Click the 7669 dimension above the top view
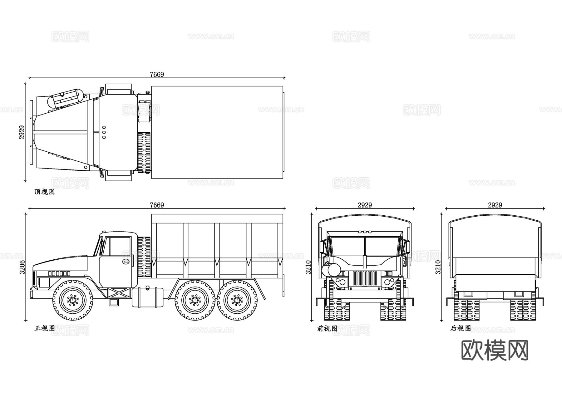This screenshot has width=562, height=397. point(157,74)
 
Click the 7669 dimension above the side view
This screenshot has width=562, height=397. point(157,205)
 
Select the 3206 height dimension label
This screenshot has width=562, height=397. point(22,267)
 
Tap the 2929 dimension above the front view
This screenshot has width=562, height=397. point(365,205)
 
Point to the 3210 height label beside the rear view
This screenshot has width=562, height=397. point(438,267)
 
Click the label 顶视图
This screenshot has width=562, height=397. point(45,192)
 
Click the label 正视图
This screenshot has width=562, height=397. point(45,328)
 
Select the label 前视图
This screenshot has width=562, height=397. point(327,328)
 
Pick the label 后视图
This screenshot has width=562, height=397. point(461,328)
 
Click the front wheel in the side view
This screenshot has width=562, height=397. point(73,300)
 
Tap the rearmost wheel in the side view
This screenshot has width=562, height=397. point(237,300)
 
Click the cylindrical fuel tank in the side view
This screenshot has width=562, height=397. point(148,297)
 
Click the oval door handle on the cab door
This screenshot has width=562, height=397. point(126,262)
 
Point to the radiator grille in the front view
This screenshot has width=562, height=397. point(365,278)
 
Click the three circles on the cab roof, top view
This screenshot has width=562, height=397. point(104,132)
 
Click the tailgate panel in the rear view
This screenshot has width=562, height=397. point(495,283)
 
